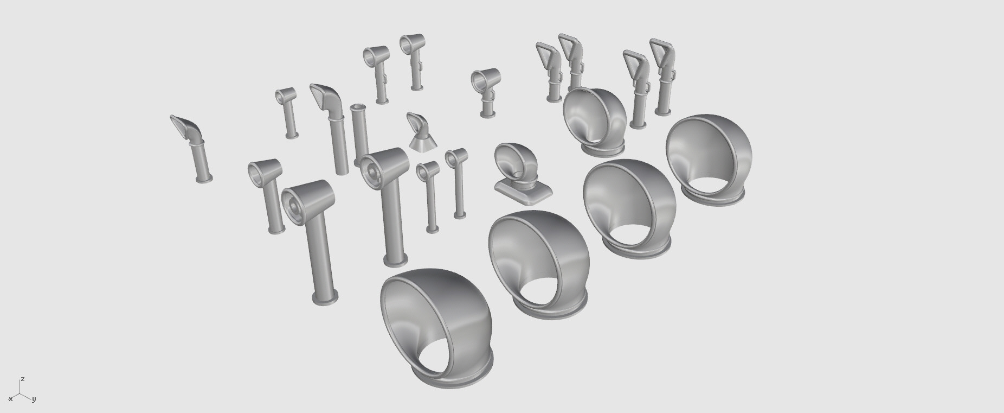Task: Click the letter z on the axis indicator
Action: click(23, 379)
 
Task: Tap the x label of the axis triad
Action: click(10, 399)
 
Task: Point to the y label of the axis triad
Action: click(34, 399)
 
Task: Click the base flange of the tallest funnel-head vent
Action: click(325, 297)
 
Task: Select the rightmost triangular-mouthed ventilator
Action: click(663, 76)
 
